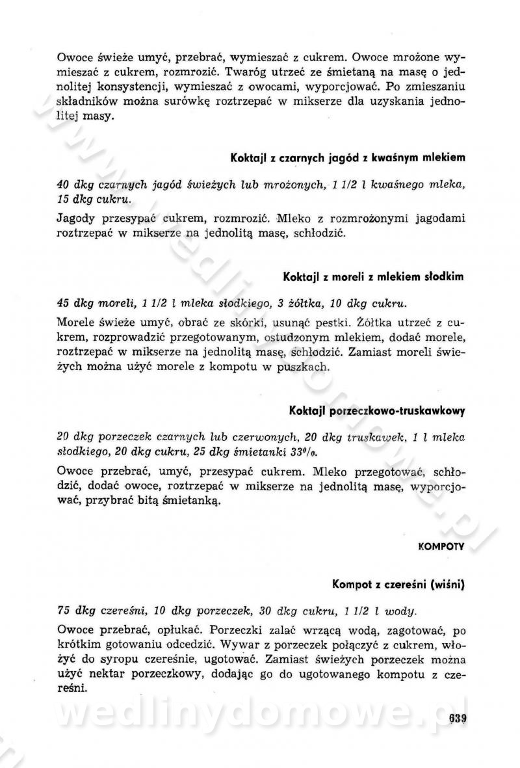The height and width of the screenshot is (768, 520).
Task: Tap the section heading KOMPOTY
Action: click(x=441, y=547)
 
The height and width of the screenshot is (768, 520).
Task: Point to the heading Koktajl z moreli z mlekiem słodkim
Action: click(x=373, y=276)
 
